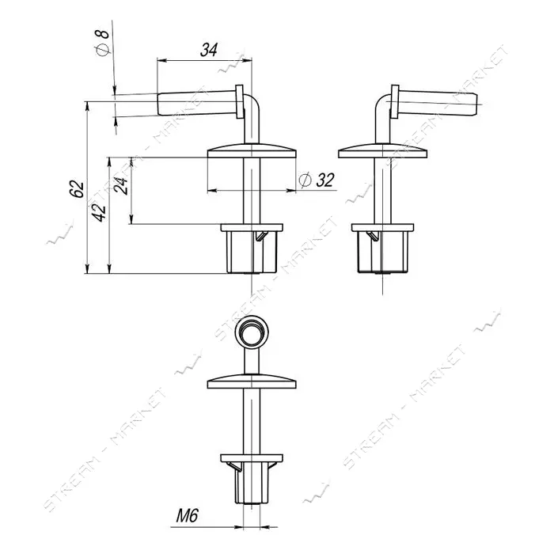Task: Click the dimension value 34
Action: [209, 50]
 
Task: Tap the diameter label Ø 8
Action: [103, 43]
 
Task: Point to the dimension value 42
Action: [100, 212]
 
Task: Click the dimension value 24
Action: [121, 185]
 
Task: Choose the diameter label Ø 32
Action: [317, 180]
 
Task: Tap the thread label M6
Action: [187, 516]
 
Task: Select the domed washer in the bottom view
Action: [252, 381]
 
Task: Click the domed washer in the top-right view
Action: [382, 150]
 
